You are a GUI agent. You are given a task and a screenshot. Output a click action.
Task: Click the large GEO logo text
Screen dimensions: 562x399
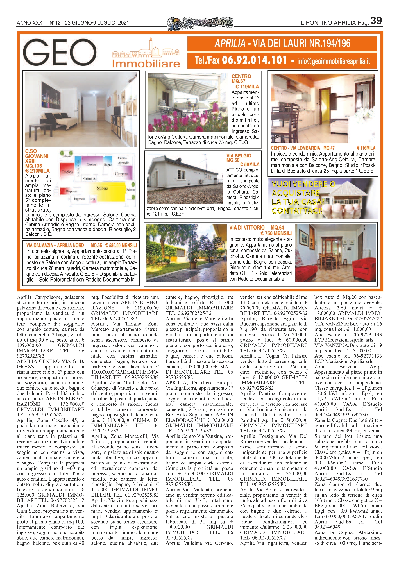60,52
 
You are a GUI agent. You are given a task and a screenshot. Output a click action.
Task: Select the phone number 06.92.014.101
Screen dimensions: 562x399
255,60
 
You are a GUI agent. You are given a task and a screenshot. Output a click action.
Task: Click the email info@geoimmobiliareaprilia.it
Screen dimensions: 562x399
334,61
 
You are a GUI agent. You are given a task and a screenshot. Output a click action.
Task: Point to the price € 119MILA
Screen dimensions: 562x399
247,87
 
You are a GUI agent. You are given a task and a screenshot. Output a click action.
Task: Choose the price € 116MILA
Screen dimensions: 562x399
366,148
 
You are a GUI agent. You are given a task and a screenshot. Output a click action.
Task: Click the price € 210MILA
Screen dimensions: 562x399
37,171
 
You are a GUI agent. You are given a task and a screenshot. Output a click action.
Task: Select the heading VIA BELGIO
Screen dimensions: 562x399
239,156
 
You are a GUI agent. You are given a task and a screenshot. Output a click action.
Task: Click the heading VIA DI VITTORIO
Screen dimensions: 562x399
247,228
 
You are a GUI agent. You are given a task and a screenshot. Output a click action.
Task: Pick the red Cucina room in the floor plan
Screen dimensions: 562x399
67,172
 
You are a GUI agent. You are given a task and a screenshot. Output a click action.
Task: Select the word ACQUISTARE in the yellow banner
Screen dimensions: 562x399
296,193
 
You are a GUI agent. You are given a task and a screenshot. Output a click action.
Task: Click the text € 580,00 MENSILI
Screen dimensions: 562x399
121,245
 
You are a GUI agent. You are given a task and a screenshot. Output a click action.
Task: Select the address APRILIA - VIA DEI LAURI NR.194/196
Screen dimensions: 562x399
282,43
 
